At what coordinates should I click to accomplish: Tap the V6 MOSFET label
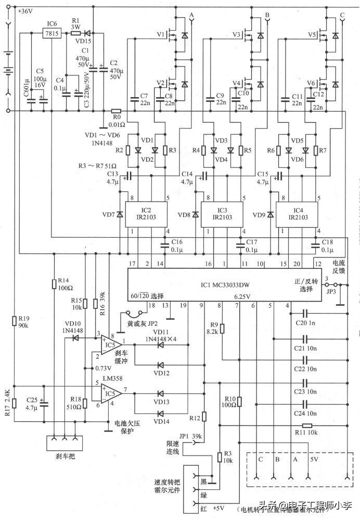tap(312, 83)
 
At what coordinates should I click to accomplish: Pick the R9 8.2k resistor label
tap(212, 328)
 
